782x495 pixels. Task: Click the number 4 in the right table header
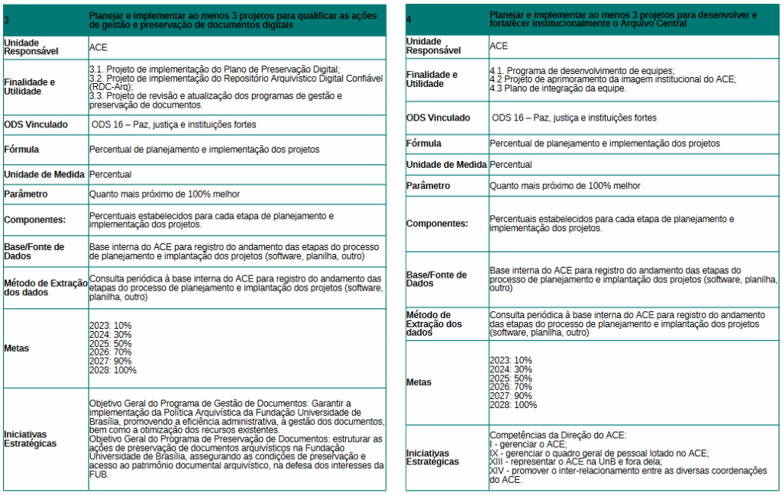pyautogui.click(x=409, y=18)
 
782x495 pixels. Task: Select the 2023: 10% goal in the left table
pyautogui.click(x=110, y=325)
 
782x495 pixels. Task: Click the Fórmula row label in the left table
pyautogui.click(x=21, y=149)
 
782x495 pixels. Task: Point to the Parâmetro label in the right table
pyautogui.click(x=428, y=185)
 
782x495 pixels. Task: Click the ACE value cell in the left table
pyautogui.click(x=99, y=47)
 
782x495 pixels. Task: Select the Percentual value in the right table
pyautogui.click(x=510, y=165)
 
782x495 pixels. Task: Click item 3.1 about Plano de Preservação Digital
pyautogui.click(x=214, y=69)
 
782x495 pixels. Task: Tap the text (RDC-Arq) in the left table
pyautogui.click(x=111, y=87)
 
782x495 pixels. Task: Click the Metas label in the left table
pyautogui.click(x=16, y=348)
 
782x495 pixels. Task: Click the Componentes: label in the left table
pyautogui.click(x=34, y=220)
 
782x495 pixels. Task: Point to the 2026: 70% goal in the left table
pyautogui.click(x=110, y=352)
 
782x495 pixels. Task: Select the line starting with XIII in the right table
pyautogui.click(x=576, y=461)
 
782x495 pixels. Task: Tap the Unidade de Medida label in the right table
pyautogui.click(x=445, y=165)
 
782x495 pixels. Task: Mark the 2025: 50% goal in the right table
pyautogui.click(x=510, y=378)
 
